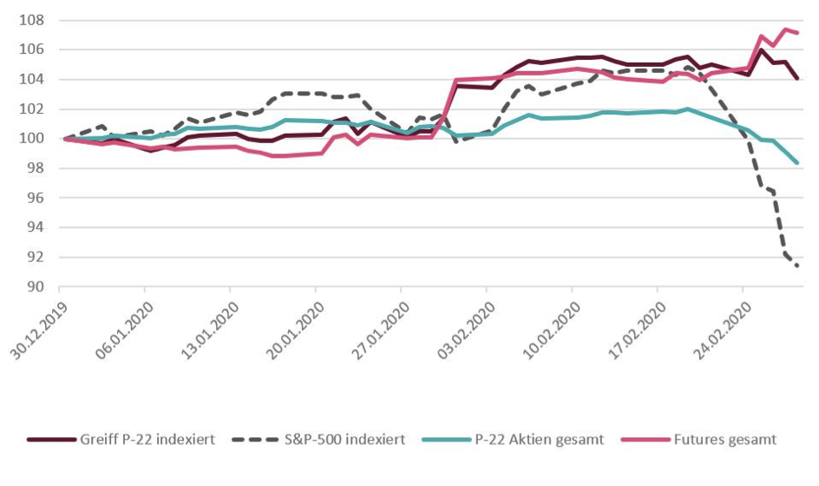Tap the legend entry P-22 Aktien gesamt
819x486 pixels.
point(542,440)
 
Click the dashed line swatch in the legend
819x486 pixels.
point(258,440)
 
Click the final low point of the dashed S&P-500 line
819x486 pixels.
point(796,266)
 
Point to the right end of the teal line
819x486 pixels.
point(797,162)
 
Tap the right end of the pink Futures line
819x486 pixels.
point(797,33)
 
